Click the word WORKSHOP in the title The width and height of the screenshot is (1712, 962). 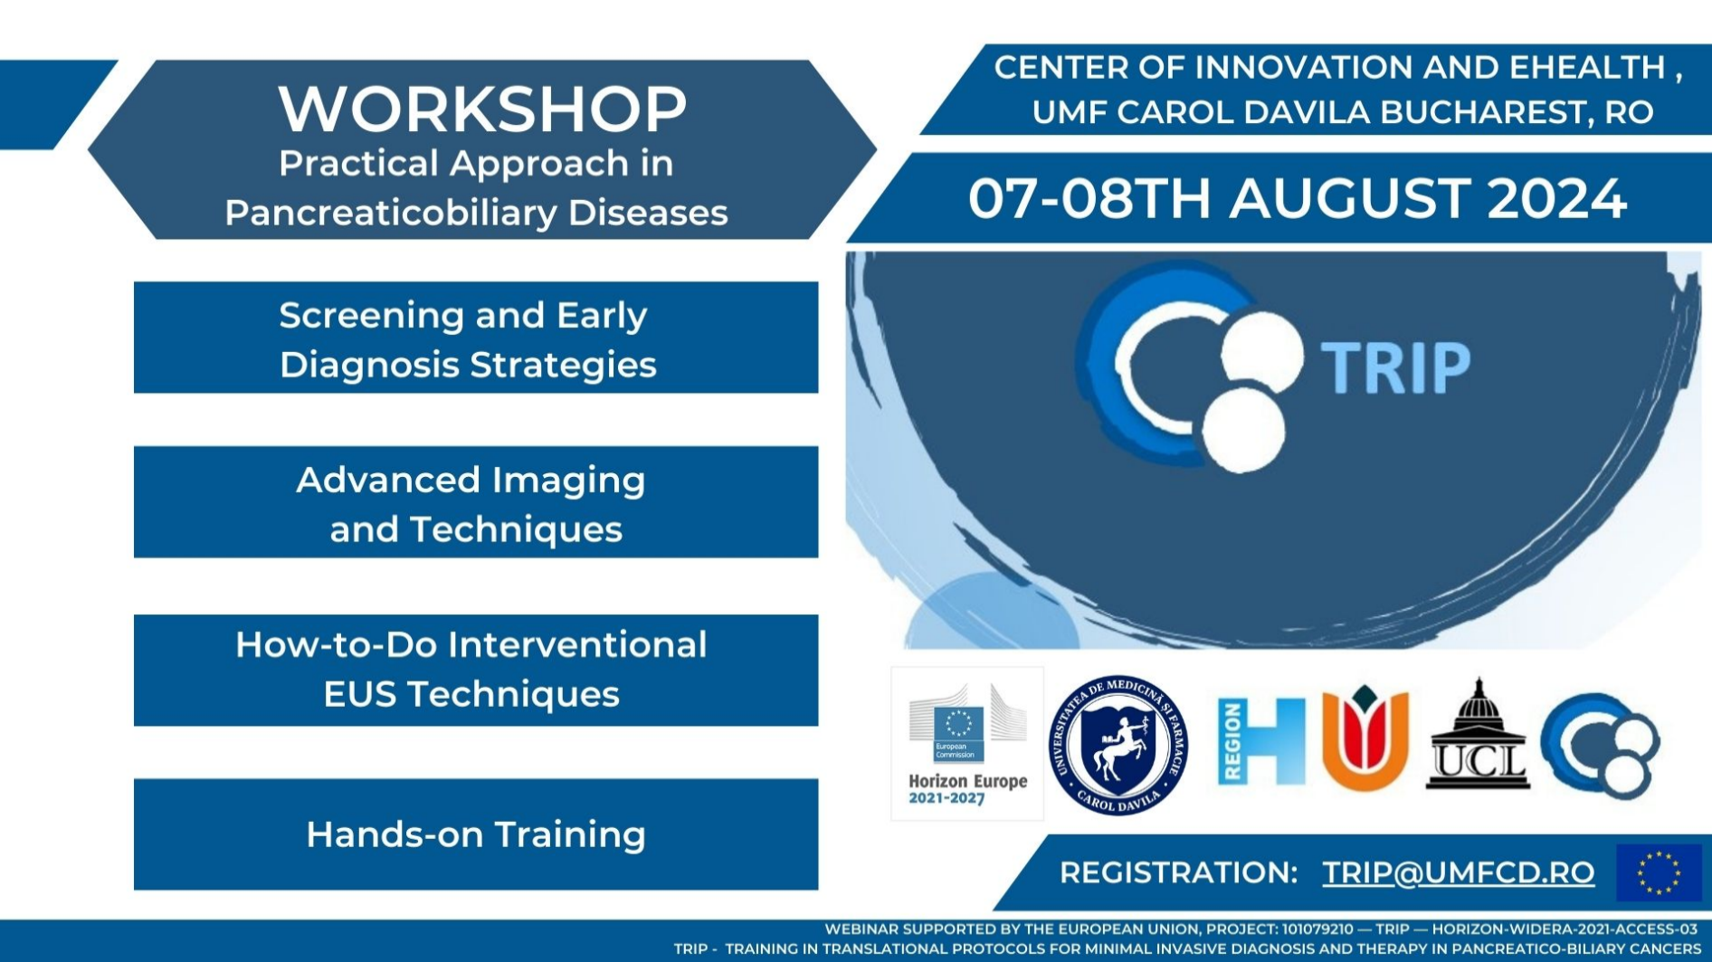[x=482, y=109]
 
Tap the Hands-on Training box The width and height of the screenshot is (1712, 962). [x=476, y=834]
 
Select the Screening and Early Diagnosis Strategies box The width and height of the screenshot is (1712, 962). [x=476, y=338]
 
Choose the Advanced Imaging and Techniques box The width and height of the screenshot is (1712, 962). [x=476, y=502]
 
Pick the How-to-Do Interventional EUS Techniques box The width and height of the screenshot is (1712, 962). [x=476, y=671]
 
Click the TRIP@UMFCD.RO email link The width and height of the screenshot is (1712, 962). [x=1458, y=872]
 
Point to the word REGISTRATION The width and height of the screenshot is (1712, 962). [x=1178, y=872]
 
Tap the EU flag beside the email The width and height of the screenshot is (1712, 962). [x=1659, y=872]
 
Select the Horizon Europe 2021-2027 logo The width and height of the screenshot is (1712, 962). [x=967, y=744]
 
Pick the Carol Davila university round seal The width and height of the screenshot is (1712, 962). [x=1118, y=745]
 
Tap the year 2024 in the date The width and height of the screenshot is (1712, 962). [x=1556, y=198]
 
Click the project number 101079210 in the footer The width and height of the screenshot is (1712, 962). [x=1317, y=929]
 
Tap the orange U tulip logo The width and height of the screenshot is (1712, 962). [x=1365, y=738]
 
